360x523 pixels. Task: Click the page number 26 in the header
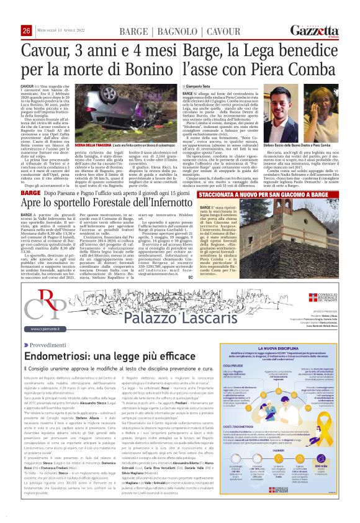[27, 31]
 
